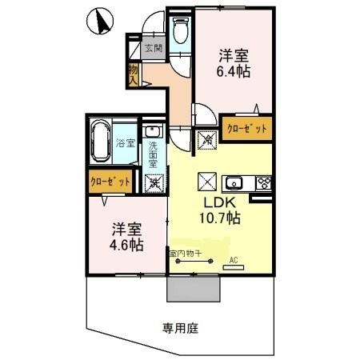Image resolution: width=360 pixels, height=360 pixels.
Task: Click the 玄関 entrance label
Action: (x=154, y=48)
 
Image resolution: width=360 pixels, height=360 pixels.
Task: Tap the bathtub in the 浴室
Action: (x=101, y=142)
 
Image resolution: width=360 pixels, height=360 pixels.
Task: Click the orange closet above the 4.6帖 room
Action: (x=110, y=182)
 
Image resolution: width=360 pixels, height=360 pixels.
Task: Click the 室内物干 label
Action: (x=185, y=253)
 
